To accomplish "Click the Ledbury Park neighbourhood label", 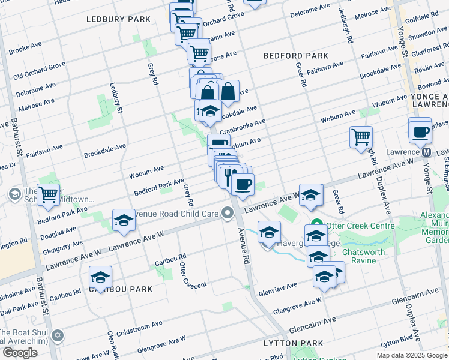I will [118, 19].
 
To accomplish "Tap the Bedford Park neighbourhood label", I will [296, 56].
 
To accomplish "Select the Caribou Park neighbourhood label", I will [121, 289].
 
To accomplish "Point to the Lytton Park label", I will [293, 343].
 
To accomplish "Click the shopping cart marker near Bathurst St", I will [48, 194].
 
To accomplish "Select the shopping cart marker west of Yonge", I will [361, 137].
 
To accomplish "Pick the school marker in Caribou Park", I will [101, 277].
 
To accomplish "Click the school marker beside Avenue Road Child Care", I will [124, 220].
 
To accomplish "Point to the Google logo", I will [20, 353].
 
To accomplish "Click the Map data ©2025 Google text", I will [411, 355].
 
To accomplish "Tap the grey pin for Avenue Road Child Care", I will [228, 212].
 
